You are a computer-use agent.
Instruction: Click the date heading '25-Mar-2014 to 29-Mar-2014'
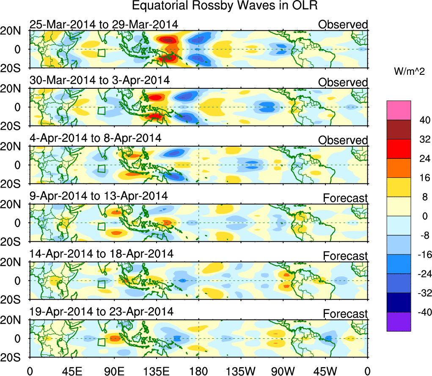[x=104, y=25]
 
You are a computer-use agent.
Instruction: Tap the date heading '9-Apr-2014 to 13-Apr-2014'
[x=99, y=196]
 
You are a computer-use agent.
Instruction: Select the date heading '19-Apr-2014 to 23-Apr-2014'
[x=102, y=312]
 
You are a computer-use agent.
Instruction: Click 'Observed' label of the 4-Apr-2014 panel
[x=343, y=140]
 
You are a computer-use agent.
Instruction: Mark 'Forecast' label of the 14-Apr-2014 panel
[x=346, y=256]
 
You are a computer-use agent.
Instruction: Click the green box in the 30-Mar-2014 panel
[x=101, y=111]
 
